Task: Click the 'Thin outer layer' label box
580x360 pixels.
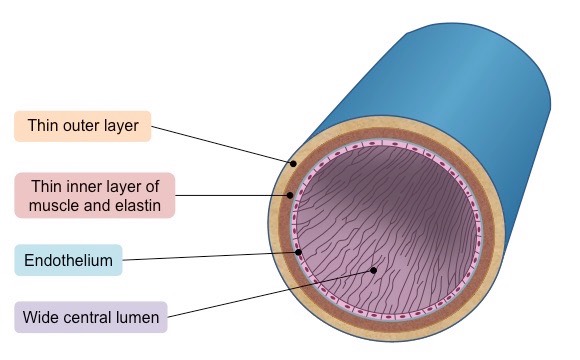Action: pos(82,126)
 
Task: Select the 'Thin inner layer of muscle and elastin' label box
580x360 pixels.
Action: pos(95,195)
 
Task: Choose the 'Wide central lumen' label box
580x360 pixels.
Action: pos(91,317)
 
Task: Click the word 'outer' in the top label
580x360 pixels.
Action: pos(84,126)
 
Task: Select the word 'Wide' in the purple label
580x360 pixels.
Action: pos(45,318)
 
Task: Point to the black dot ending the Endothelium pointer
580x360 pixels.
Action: pos(299,252)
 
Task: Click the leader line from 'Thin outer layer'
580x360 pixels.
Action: pos(220,144)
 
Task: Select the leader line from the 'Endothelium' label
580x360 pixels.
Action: pos(210,257)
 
